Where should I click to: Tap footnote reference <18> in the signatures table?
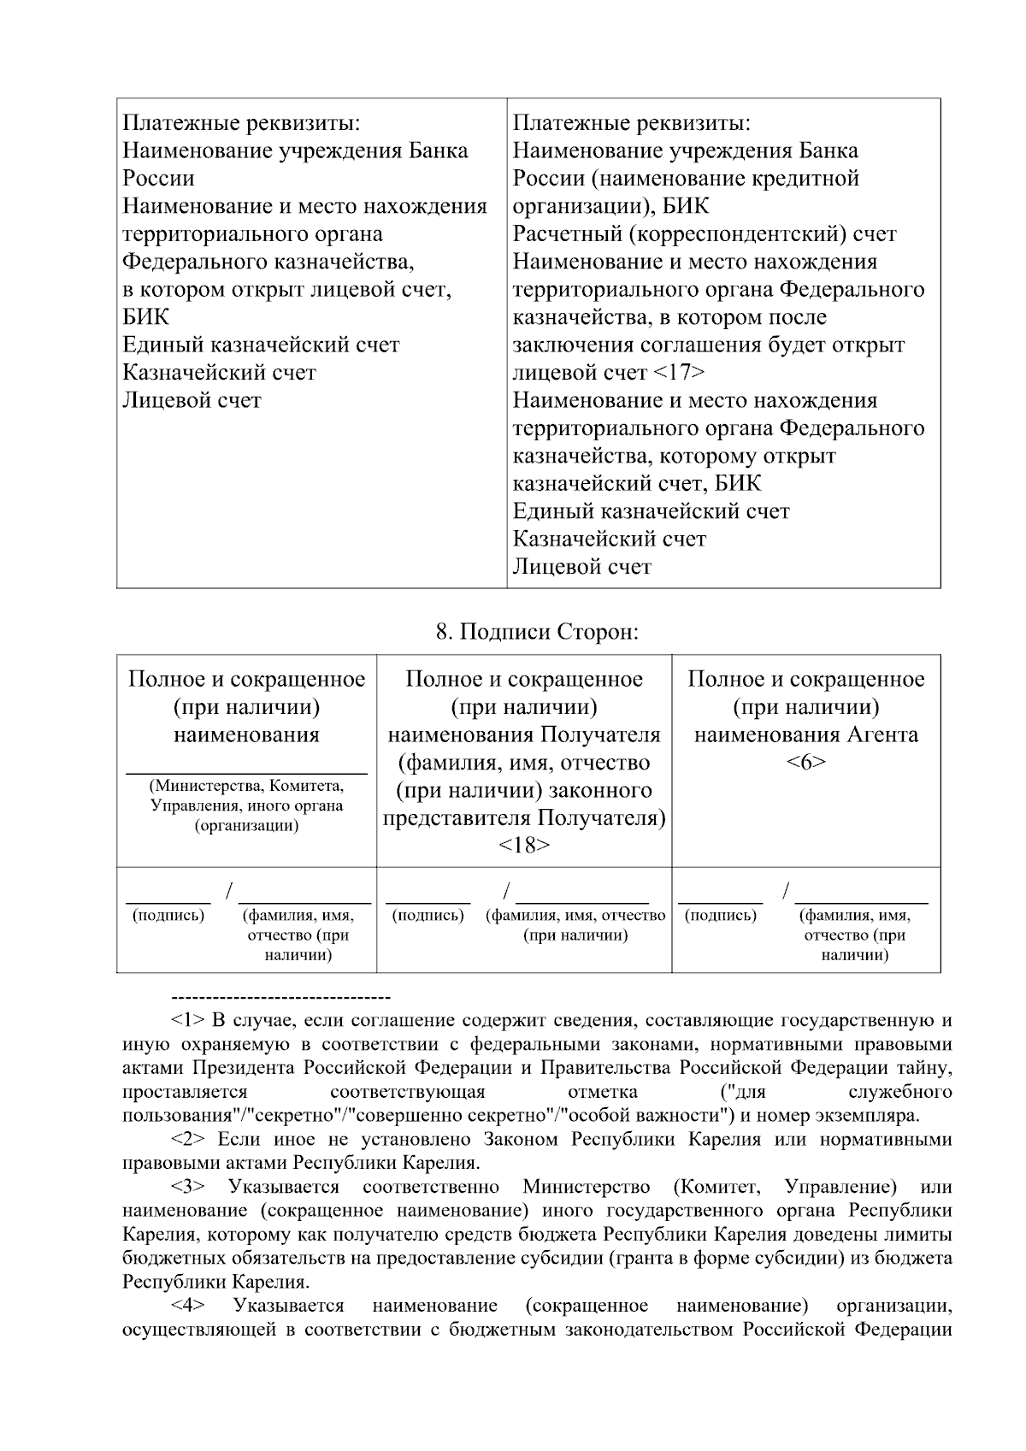pos(524,846)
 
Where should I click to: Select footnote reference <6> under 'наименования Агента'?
pos(805,763)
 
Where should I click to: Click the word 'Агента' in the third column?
pos(882,734)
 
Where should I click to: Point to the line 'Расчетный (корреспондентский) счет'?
pos(705,233)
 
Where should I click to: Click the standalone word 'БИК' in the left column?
pos(146,317)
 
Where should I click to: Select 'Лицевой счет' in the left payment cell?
pos(192,400)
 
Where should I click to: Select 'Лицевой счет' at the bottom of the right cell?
pos(582,567)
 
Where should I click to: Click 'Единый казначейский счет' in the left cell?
pos(261,345)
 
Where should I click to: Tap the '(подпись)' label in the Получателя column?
pos(427,916)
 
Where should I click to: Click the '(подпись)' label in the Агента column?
pos(721,916)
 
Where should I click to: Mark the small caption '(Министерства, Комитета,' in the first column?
pos(246,786)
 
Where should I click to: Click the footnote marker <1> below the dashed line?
pos(186,1020)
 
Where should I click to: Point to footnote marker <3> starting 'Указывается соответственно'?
pos(186,1187)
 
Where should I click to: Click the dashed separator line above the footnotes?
pos(281,998)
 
